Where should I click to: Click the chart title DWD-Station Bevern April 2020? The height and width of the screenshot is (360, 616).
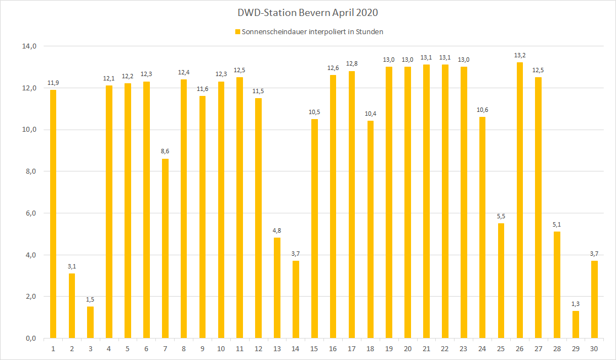coord(308,12)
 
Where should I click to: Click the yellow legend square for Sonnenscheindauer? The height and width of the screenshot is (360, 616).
coord(237,32)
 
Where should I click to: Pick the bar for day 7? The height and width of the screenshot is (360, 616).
coord(165,248)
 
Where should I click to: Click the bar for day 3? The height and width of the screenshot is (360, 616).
coord(90,322)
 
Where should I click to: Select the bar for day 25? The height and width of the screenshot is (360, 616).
coord(500,281)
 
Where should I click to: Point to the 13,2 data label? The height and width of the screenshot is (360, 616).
coord(519,55)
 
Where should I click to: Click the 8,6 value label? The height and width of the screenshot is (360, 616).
coord(165,151)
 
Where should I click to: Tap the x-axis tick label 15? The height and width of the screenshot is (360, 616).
coord(314,348)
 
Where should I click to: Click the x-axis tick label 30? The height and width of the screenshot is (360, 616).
coord(594,348)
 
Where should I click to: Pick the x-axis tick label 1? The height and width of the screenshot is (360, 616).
coord(53,348)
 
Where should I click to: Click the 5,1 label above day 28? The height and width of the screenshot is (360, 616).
coord(556,224)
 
